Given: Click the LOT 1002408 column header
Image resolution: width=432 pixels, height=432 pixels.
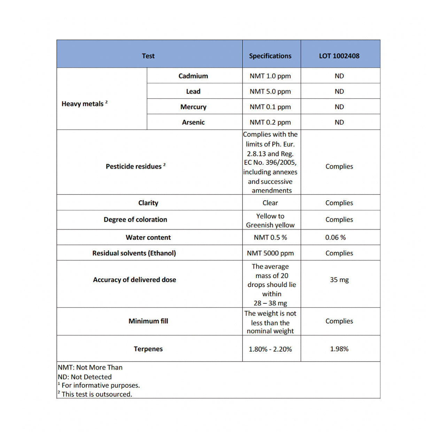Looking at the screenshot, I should point(339,56).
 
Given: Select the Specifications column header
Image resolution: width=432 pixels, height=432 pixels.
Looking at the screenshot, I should point(270,56).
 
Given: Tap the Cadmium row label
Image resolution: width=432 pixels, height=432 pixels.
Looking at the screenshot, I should point(193,76).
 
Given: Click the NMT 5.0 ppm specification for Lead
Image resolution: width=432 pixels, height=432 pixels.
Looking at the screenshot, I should point(270,91).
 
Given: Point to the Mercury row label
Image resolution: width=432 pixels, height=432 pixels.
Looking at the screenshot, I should point(193,107).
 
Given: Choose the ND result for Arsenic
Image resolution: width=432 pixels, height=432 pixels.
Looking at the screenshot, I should point(339,122).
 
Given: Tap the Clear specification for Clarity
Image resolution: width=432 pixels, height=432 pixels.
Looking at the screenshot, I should point(270,203).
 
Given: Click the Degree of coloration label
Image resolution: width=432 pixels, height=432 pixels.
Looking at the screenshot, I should point(135,219).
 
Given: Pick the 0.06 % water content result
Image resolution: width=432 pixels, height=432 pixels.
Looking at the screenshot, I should point(335,238).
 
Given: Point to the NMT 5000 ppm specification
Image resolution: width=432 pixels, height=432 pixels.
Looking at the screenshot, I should point(270,253).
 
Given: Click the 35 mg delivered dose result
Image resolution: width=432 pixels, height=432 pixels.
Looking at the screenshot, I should point(339,280).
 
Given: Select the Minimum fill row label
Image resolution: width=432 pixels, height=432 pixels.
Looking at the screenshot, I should point(148,321).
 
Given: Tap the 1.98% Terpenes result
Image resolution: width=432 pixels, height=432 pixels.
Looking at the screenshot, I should point(339,349).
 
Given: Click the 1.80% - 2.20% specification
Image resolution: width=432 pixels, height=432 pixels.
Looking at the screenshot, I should point(270,349).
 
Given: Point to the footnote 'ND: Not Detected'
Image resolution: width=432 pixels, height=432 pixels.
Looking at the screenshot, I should point(85,377).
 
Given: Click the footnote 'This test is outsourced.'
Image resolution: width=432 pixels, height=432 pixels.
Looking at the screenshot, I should point(97,394).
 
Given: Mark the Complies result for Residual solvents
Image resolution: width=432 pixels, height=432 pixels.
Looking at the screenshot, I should point(339,253).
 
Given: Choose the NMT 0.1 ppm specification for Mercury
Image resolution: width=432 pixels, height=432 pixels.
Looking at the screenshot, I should point(270,107).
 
